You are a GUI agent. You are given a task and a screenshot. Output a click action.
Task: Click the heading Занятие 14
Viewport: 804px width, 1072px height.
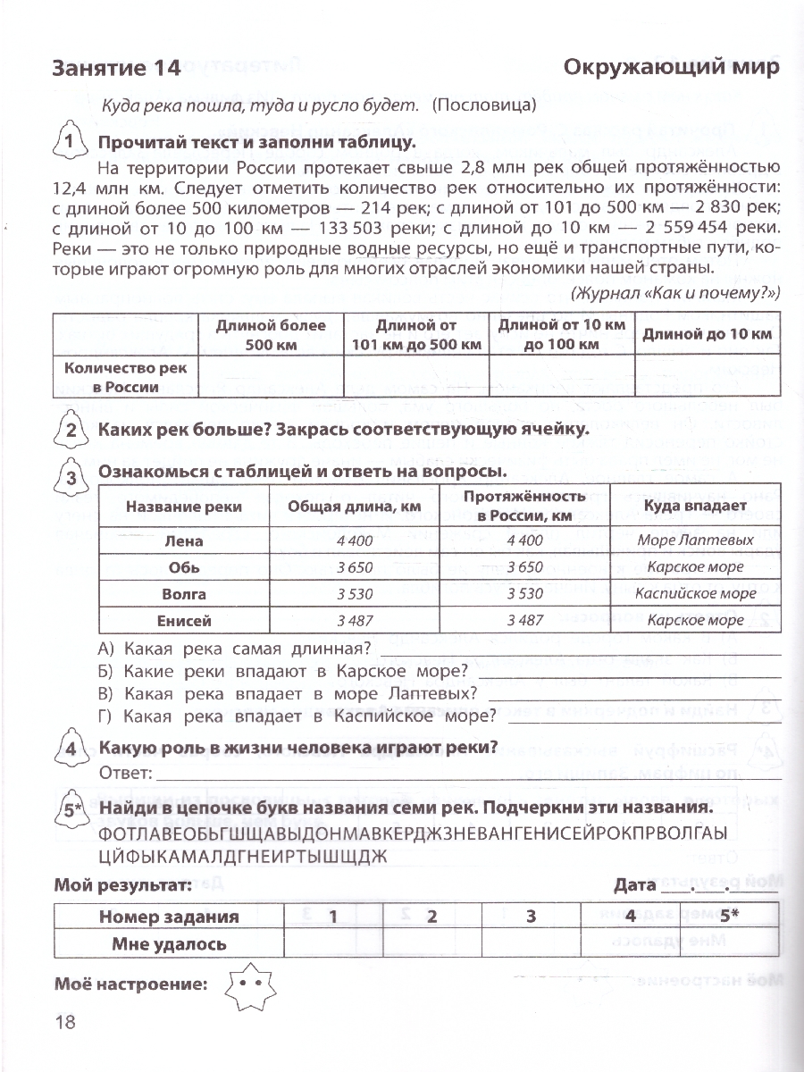[117, 68]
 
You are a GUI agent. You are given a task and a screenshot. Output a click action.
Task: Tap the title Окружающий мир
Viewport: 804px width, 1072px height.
[671, 68]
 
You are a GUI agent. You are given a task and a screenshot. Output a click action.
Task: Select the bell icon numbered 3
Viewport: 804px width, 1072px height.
[71, 477]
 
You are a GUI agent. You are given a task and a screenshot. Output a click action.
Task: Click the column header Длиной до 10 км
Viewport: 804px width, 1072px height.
[707, 334]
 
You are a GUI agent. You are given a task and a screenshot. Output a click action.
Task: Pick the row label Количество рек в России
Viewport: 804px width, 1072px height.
[125, 378]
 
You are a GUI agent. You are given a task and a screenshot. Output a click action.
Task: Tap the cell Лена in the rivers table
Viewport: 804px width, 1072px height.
[185, 540]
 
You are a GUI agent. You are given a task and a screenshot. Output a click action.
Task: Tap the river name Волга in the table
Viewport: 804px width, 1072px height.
[185, 594]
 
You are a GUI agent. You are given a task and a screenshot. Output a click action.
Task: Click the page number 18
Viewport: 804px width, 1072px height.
[65, 1024]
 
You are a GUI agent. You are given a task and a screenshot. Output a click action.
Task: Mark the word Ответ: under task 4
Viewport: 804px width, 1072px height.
[124, 773]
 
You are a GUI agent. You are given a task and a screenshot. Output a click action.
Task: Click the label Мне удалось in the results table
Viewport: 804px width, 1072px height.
[169, 943]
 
